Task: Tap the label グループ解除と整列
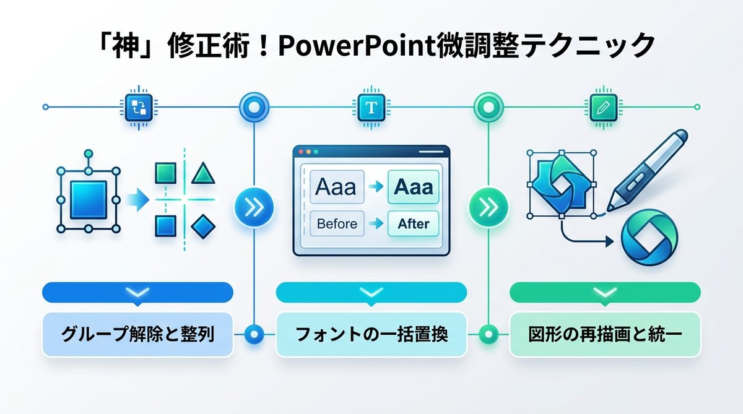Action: (x=137, y=335)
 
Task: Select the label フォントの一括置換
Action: (x=371, y=335)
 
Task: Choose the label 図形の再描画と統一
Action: (x=604, y=335)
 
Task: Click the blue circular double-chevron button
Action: (x=254, y=207)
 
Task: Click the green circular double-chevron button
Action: (x=488, y=207)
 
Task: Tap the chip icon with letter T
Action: (x=371, y=107)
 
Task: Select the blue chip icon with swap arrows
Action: (x=137, y=107)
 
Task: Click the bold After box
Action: (x=413, y=223)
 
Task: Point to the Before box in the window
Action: (x=337, y=223)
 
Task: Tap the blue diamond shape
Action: (x=202, y=227)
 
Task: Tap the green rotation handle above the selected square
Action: (x=88, y=153)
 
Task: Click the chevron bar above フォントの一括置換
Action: (x=371, y=292)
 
